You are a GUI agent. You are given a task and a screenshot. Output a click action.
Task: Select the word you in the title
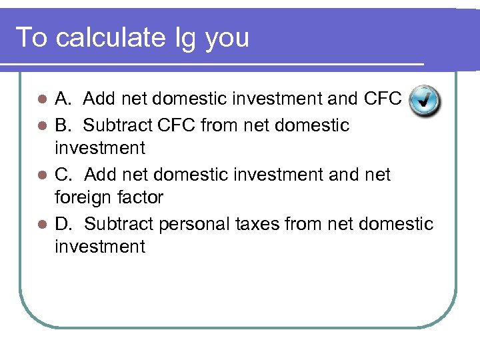pyautogui.click(x=227, y=39)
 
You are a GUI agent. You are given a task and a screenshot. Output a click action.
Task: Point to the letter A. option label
pyautogui.click(x=63, y=99)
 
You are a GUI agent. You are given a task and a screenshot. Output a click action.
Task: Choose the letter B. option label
pyautogui.click(x=63, y=125)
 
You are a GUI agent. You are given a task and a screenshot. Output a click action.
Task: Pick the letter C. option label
pyautogui.click(x=64, y=174)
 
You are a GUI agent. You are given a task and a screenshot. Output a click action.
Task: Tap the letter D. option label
pyautogui.click(x=64, y=223)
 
